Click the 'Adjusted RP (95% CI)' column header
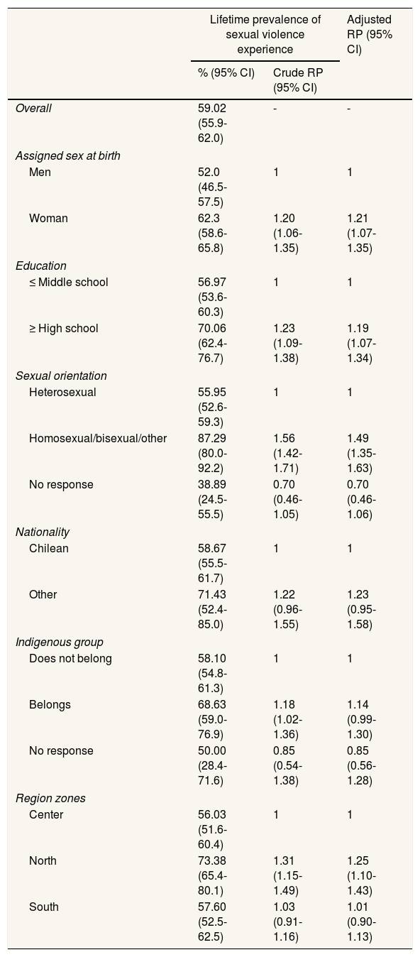point(369,34)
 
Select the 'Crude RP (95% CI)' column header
point(298,80)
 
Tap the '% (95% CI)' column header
point(226,72)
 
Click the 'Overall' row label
point(33,108)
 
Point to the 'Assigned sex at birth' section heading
point(68,155)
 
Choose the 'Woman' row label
point(48,218)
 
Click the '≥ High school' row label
point(64,328)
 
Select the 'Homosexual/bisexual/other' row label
point(98,438)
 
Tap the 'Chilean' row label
point(49,548)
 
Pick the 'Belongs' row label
point(50,704)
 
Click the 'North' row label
point(43,860)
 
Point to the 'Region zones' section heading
point(50,798)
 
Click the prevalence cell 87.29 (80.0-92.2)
point(212,453)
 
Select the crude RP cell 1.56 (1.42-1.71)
point(287,453)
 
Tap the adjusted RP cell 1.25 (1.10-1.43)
point(362,875)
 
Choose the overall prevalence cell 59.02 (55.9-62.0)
point(212,123)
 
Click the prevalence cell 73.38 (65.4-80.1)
point(212,875)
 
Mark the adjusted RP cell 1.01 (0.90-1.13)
point(362,922)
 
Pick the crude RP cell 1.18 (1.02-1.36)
point(287,719)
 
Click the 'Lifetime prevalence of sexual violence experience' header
point(265,34)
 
